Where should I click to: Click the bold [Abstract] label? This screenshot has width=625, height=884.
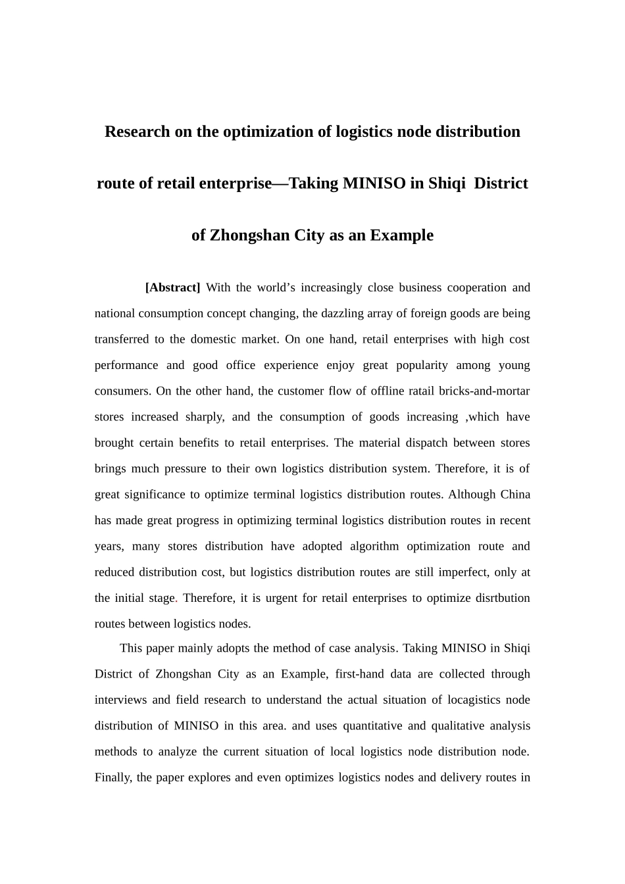(x=172, y=287)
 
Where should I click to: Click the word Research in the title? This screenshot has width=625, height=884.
(x=137, y=132)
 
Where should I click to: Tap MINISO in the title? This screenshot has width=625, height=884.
(x=374, y=183)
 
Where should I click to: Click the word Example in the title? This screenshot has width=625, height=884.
(x=401, y=235)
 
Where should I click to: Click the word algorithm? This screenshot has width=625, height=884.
(x=374, y=546)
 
